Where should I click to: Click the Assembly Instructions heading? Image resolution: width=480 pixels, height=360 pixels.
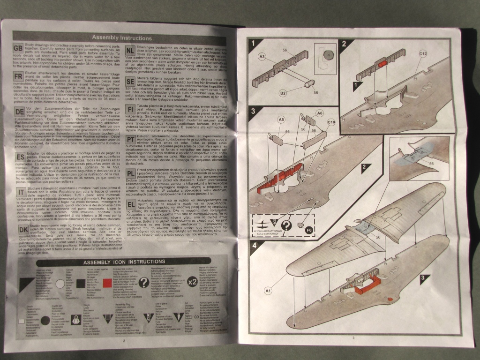coord(121,37)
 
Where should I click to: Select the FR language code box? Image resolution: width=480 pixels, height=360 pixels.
coord(19,77)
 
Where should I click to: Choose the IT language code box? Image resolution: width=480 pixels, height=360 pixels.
coord(20,192)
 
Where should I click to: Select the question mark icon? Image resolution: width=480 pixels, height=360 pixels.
coord(144,283)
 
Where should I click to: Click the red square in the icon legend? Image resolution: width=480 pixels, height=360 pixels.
coord(106,283)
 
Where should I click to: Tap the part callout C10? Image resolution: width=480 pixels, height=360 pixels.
coord(331,123)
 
